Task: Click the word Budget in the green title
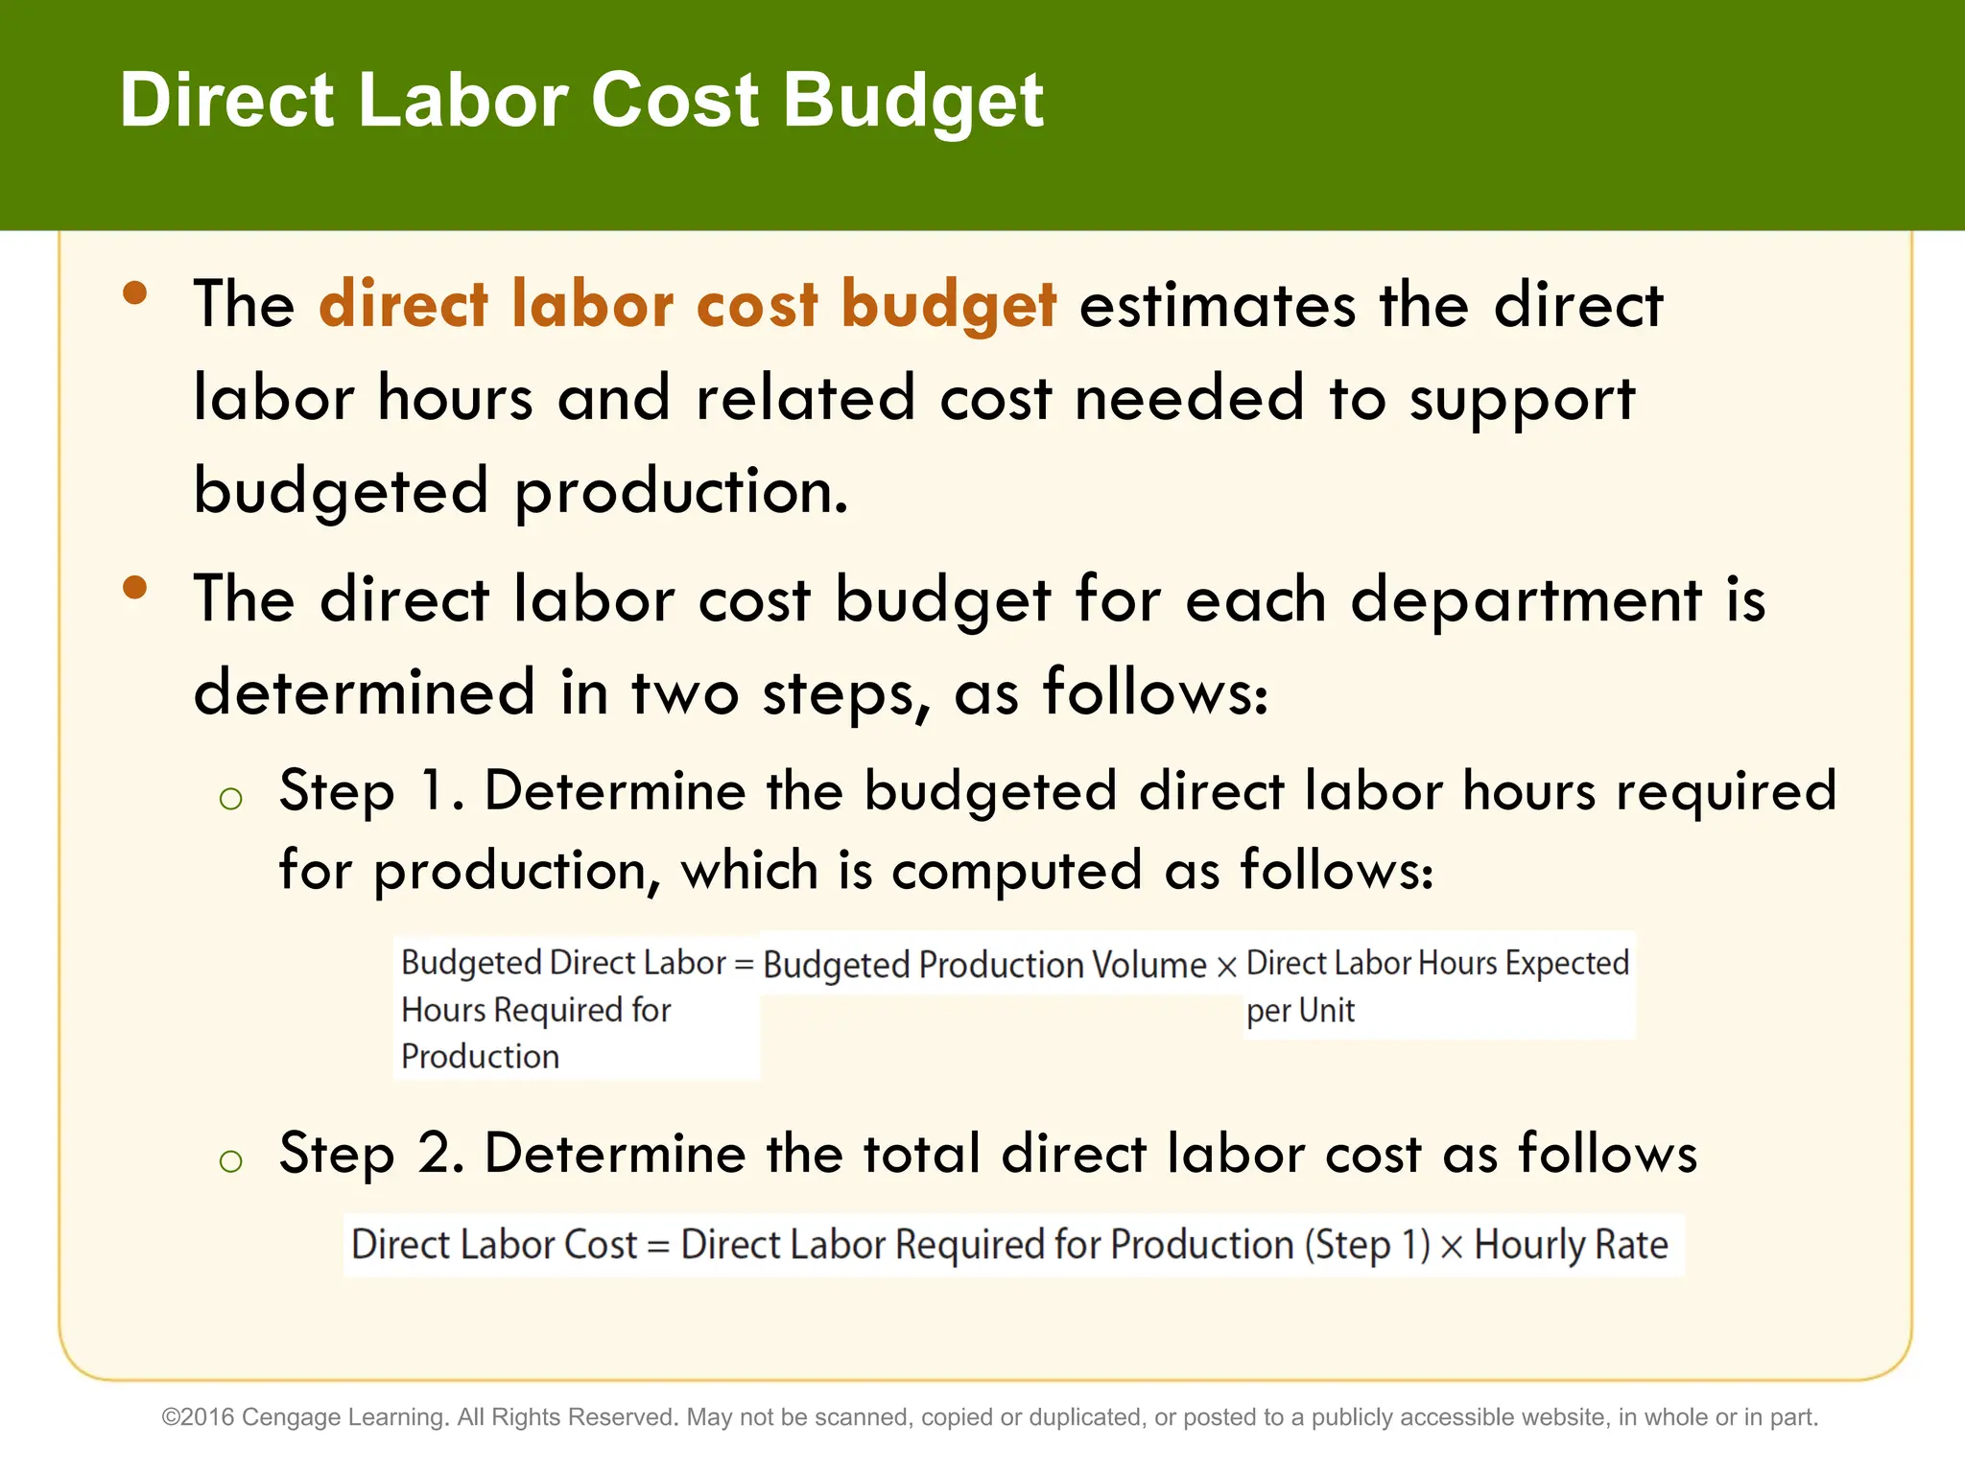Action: click(x=913, y=101)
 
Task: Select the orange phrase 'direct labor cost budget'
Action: click(x=688, y=305)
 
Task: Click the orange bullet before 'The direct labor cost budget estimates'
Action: click(x=135, y=292)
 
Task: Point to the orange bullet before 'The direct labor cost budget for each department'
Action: click(x=135, y=587)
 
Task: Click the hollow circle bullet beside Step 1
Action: click(x=230, y=798)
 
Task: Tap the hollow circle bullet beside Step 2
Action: click(x=230, y=1161)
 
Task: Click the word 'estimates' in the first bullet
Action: click(x=1218, y=305)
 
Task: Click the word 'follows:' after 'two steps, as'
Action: click(x=1155, y=691)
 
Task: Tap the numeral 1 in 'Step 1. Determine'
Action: click(x=433, y=791)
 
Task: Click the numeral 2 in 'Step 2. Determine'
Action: click(x=437, y=1153)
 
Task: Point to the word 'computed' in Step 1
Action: click(x=1016, y=871)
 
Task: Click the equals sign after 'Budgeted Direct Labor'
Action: click(x=744, y=964)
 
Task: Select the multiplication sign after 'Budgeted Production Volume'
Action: click(x=1226, y=967)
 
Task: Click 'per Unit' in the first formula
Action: click(x=1300, y=1011)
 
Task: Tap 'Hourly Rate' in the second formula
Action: click(x=1571, y=1245)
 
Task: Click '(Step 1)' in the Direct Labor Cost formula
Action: click(x=1366, y=1245)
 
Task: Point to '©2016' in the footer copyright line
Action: click(x=199, y=1417)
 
